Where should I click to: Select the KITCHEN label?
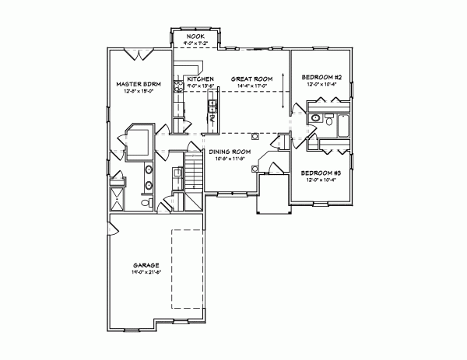(200, 79)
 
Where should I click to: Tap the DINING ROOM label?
(230, 152)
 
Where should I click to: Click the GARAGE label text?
(146, 265)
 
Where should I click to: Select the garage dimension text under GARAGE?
(146, 272)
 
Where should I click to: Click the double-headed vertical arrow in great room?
(282, 91)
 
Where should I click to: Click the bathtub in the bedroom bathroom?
(340, 122)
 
